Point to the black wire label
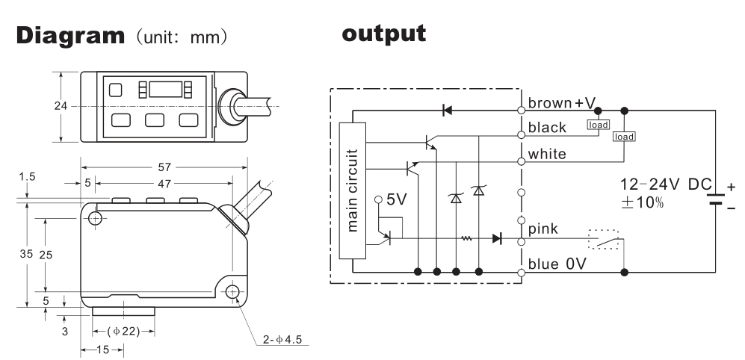[x=547, y=128]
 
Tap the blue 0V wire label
[x=554, y=263]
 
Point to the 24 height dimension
[x=60, y=105]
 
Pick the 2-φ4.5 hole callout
[x=283, y=340]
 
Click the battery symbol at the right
[x=716, y=199]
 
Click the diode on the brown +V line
[x=447, y=110]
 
